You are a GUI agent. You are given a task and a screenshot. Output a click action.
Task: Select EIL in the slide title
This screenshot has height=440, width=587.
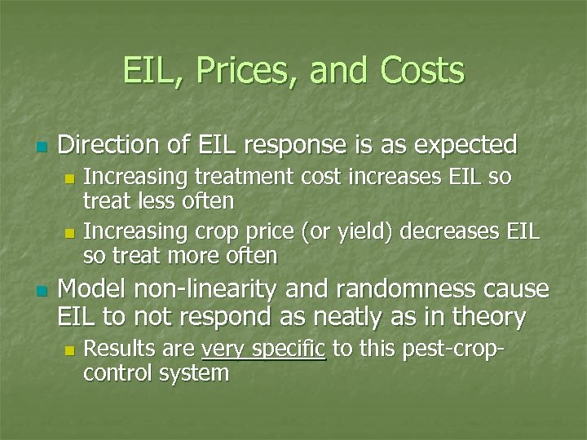tap(148, 71)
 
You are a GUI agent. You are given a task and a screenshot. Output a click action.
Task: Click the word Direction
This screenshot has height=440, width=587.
tap(110, 145)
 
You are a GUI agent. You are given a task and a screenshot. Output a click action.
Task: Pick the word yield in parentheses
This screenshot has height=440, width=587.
tap(364, 232)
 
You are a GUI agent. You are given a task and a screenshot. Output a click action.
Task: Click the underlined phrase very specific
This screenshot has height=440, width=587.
tap(264, 350)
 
